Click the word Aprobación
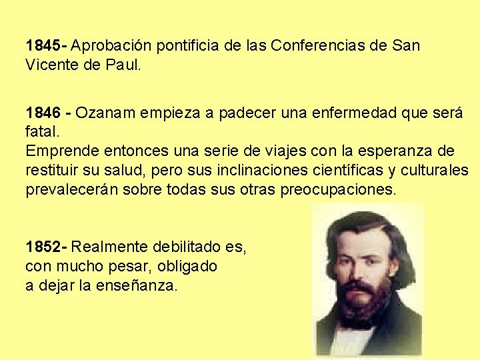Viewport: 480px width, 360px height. click(x=109, y=47)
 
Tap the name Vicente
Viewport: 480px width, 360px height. click(x=51, y=66)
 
